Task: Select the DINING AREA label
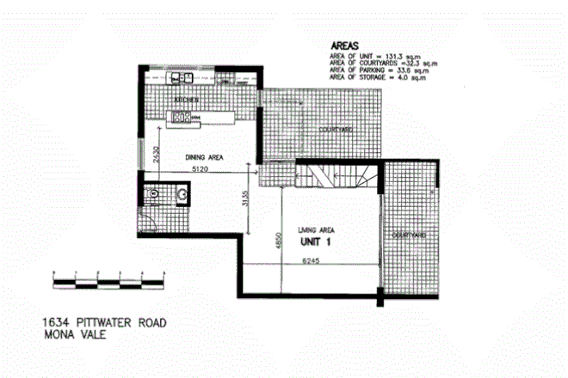205,157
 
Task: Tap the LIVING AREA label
314,229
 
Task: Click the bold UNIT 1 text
316,241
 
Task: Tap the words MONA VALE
76,335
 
